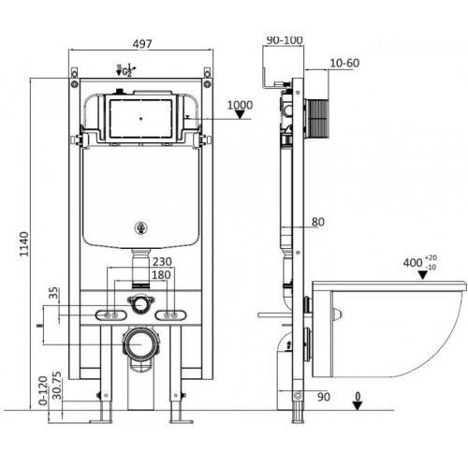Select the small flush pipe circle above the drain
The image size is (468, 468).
[x=140, y=303]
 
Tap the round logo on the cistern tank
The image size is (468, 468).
[x=140, y=227]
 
